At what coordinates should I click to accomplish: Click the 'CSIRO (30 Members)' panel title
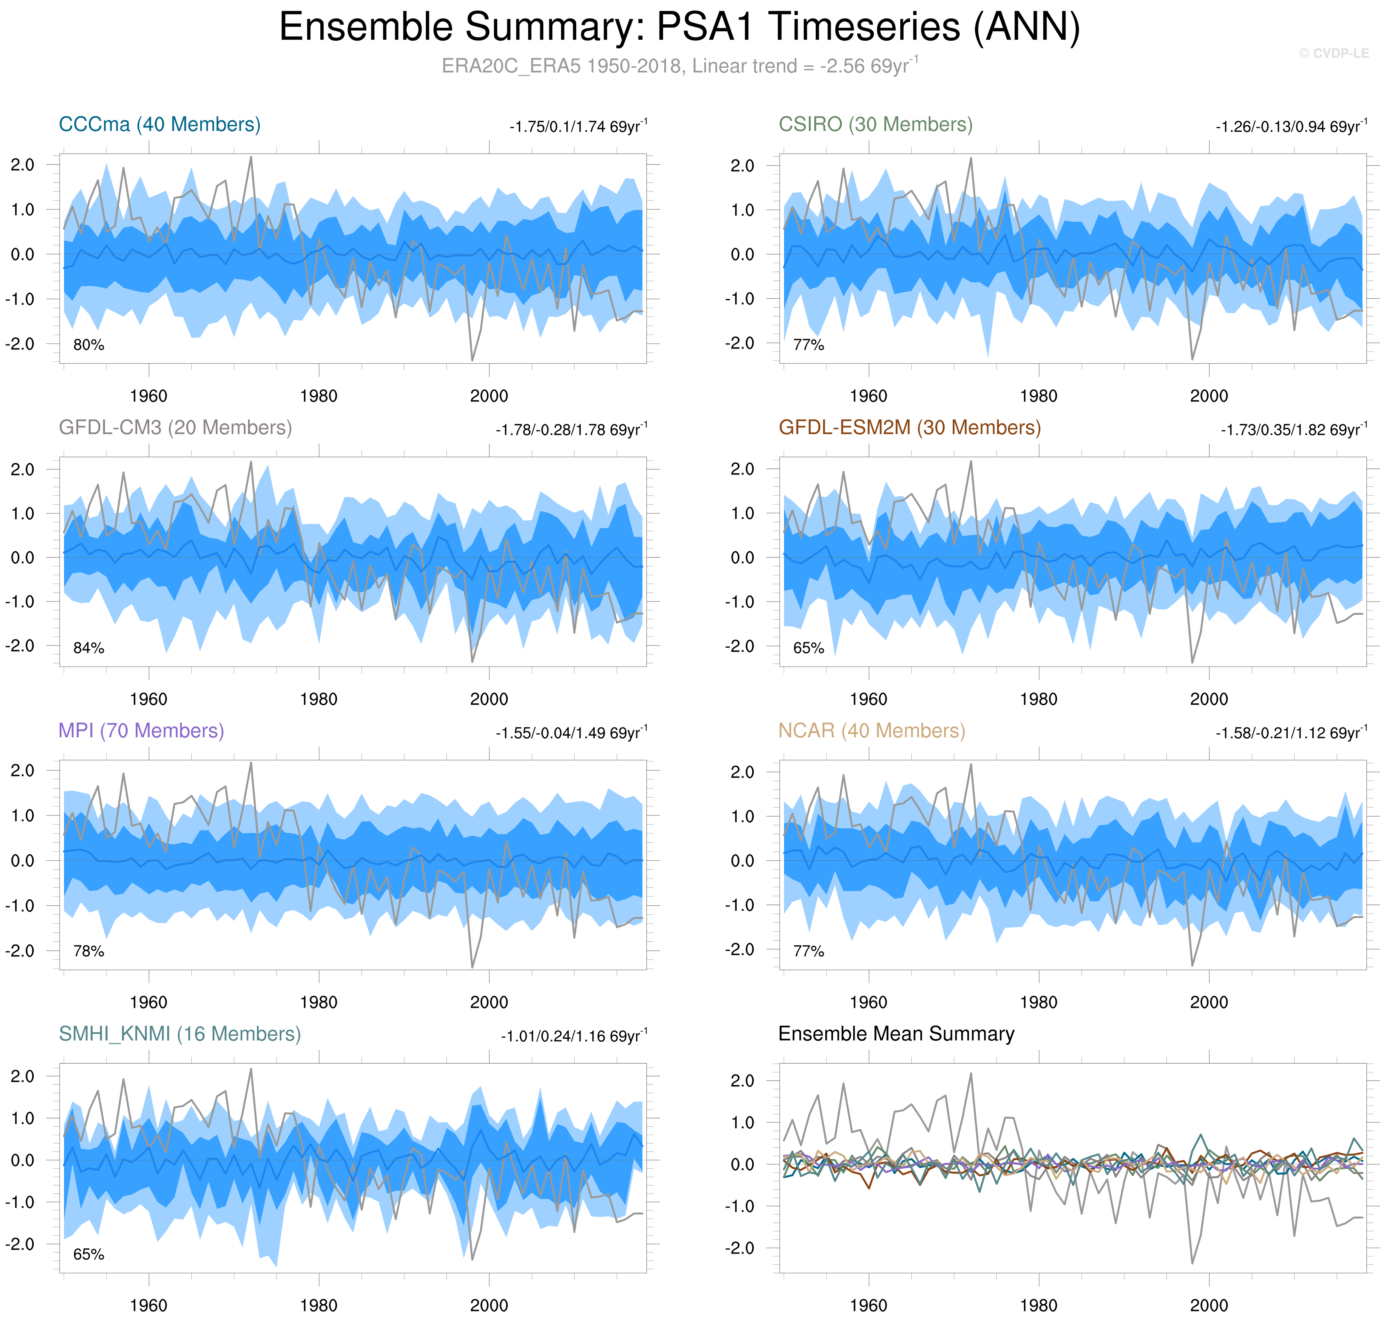tap(875, 125)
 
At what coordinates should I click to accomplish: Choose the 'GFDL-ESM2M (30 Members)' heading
tap(909, 428)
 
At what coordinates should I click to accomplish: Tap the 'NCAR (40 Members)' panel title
tap(871, 731)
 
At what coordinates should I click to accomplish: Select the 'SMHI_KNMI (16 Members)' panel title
tap(180, 1034)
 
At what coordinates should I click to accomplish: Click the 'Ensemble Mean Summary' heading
tap(896, 1034)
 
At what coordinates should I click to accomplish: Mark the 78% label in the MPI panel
tap(89, 951)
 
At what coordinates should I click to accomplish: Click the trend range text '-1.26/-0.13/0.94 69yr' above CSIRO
tap(1291, 127)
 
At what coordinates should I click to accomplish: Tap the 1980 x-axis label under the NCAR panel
tap(1038, 1002)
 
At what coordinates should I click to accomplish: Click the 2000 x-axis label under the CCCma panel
tap(489, 396)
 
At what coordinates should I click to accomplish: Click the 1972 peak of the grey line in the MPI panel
tap(251, 762)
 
